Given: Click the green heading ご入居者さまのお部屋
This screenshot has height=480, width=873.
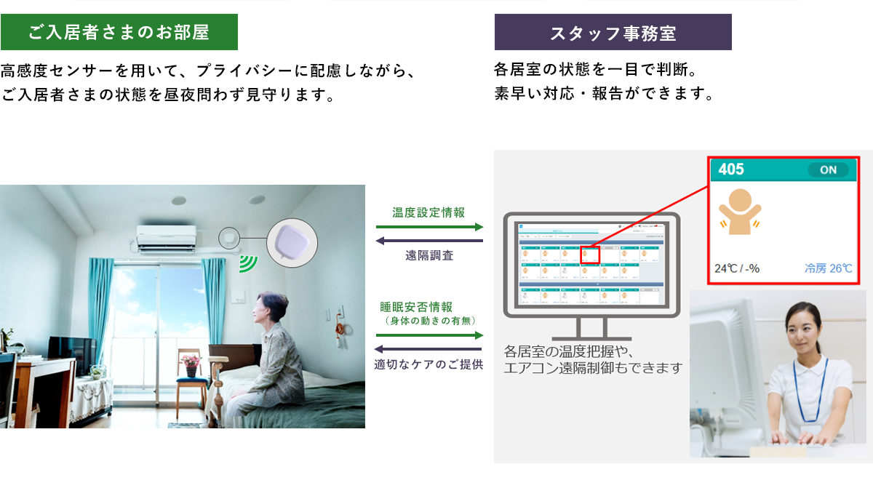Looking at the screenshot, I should coord(119,32).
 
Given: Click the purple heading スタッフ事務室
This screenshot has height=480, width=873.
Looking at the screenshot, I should coord(613,33).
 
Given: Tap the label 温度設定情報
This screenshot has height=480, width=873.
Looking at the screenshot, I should coord(428,212).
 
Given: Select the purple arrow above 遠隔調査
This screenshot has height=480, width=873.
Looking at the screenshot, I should coord(429,241).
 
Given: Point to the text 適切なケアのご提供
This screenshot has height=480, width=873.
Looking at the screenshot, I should coord(428,364).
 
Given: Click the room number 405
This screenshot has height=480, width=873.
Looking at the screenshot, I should coord(731,169).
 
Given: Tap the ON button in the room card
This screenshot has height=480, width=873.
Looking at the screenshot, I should coord(828,170).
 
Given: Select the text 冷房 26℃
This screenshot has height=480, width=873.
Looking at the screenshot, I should coord(828,268).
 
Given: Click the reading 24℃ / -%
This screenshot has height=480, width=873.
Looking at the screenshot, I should coord(737,268).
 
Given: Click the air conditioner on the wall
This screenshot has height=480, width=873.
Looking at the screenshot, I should coord(166,238).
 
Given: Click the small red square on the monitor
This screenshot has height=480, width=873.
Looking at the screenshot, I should coord(589,255).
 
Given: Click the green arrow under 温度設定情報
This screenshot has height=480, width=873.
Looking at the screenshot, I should coord(429,227).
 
